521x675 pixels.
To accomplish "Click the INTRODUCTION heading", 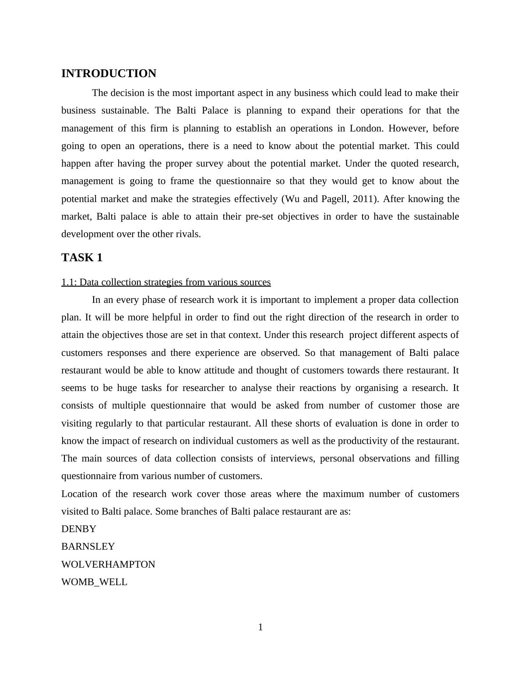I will [x=109, y=74].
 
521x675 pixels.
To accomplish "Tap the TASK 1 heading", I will [x=82, y=258].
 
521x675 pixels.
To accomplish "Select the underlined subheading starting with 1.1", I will [x=166, y=282].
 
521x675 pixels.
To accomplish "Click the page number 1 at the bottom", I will [x=260, y=627].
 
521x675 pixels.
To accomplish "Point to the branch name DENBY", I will [x=79, y=529].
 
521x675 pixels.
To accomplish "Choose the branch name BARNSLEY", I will [x=88, y=547].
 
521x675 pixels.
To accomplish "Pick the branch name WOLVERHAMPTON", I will [x=108, y=565].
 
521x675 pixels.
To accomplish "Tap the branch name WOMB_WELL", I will [x=94, y=582].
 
